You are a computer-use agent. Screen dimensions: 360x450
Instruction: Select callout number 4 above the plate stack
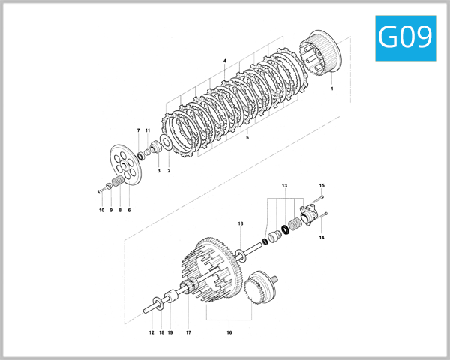[224, 59]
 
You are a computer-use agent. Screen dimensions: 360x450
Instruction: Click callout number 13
[284, 184]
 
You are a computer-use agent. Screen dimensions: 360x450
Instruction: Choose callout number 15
[322, 185]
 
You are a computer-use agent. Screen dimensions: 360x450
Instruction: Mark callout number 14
[322, 237]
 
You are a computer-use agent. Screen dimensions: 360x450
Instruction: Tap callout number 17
[188, 332]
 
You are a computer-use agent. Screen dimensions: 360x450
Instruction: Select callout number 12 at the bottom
[150, 332]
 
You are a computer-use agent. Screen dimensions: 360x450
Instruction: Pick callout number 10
[101, 210]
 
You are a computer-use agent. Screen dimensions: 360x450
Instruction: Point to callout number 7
[138, 130]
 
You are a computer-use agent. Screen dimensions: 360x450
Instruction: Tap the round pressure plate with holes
[123, 163]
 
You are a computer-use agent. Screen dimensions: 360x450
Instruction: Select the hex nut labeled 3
[157, 148]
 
